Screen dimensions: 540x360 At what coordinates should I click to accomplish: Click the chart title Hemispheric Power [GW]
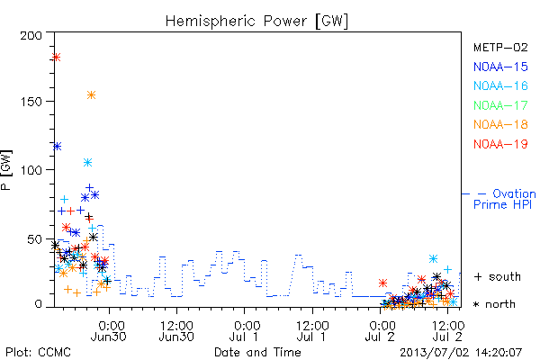point(256,21)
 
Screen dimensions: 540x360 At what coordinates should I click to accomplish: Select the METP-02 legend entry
point(500,47)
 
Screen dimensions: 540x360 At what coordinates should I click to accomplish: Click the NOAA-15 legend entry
point(500,67)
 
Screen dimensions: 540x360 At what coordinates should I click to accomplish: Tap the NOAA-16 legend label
point(500,85)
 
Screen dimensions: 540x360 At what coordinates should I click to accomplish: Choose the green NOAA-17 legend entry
point(500,105)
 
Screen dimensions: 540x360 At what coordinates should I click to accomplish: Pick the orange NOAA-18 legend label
point(500,124)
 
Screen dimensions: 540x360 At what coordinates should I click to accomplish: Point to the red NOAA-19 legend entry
point(500,144)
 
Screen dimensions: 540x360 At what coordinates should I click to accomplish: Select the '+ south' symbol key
point(498,276)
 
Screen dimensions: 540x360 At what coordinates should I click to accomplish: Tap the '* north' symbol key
point(494,304)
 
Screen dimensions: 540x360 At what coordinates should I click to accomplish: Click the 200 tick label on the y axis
point(31,35)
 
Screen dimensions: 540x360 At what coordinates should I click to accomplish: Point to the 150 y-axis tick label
point(31,102)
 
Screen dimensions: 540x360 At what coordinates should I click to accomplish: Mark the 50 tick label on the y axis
point(35,238)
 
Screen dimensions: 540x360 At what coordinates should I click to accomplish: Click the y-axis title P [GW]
point(6,170)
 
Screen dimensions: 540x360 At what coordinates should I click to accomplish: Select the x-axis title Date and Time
point(257,352)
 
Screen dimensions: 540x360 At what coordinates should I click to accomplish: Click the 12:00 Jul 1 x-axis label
point(312,331)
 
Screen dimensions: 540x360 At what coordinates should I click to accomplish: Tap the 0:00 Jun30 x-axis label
point(109,331)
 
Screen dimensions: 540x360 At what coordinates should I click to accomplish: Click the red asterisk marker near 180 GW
point(56,57)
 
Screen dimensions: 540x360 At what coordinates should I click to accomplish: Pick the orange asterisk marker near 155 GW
point(91,95)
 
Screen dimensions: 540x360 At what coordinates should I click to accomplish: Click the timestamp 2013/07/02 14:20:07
point(461,353)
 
